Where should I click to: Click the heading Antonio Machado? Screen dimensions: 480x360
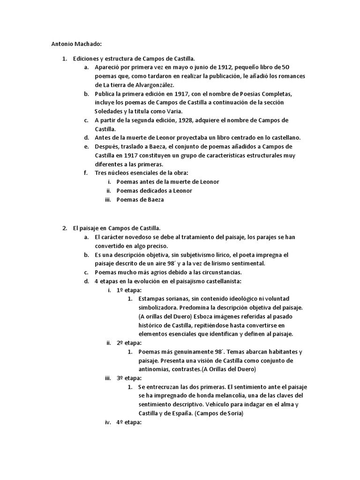point(76,45)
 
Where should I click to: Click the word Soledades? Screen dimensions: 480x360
point(110,111)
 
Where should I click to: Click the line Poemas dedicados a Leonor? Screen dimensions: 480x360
point(154,190)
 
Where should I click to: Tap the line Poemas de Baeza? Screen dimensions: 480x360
point(140,199)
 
